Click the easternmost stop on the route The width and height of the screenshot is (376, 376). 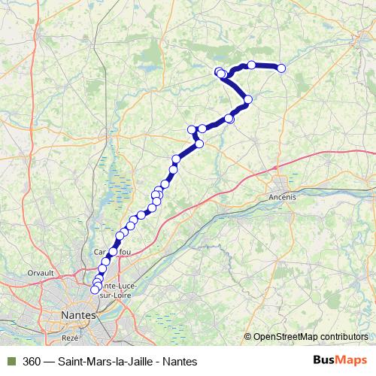click(x=282, y=68)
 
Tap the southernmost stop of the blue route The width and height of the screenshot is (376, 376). click(x=95, y=290)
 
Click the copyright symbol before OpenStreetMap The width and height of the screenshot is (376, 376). click(x=249, y=337)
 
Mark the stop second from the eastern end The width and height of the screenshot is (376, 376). click(x=252, y=65)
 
